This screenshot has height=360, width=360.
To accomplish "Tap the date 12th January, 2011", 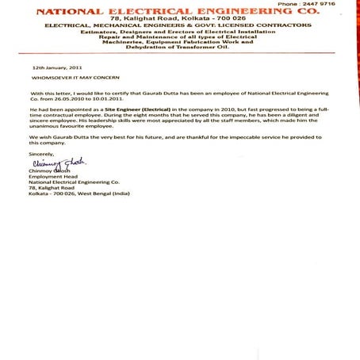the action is click(x=57, y=69).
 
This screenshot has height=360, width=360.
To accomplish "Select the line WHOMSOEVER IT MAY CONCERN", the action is click(x=72, y=79).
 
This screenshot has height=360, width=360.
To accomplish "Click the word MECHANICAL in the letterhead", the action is click(x=127, y=27).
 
